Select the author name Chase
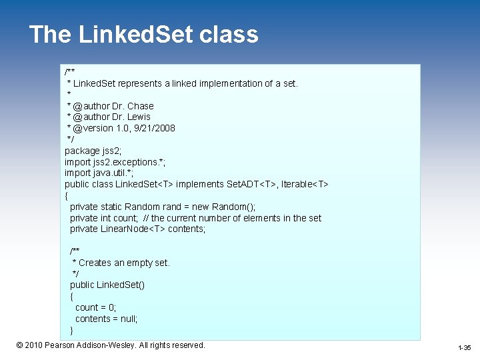coord(140,106)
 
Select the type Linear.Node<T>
coord(132,229)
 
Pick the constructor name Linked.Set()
coord(121,285)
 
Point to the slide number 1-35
coord(464,348)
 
